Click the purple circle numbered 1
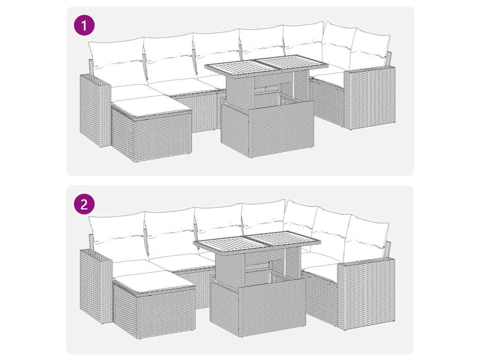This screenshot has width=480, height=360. coord(84,25)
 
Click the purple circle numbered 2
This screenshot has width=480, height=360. coord(84,204)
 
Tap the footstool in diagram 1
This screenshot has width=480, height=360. coord(151,128)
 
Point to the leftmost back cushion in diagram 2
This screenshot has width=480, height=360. coord(118,238)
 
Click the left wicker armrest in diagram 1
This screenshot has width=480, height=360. coord(94,110)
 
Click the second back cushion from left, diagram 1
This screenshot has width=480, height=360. coord(169,58)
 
